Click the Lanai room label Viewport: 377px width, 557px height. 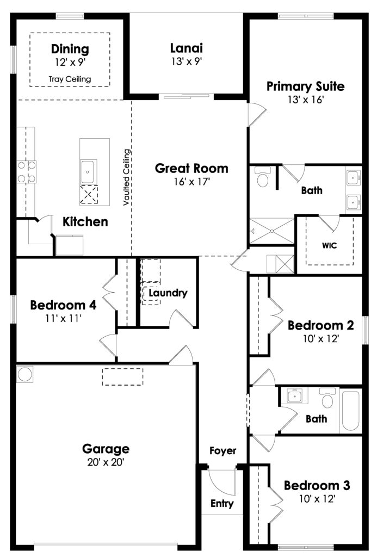(187, 48)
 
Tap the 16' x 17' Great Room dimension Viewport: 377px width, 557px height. (192, 182)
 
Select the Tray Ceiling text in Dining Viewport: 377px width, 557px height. (70, 79)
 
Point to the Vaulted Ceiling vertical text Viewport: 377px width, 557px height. (127, 177)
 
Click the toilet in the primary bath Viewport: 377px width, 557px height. (263, 178)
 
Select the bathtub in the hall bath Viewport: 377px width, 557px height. (351, 410)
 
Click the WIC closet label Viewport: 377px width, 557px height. (329, 245)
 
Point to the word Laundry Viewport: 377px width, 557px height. (168, 293)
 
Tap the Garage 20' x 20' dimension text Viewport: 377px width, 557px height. (106, 462)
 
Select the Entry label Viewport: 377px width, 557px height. (222, 503)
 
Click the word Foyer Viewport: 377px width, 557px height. (223, 451)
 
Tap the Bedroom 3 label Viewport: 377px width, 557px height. (317, 485)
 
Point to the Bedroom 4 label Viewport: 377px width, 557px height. (63, 305)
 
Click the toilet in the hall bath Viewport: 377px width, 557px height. (327, 398)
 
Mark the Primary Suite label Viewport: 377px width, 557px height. (306, 86)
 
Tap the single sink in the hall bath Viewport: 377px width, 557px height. (294, 395)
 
